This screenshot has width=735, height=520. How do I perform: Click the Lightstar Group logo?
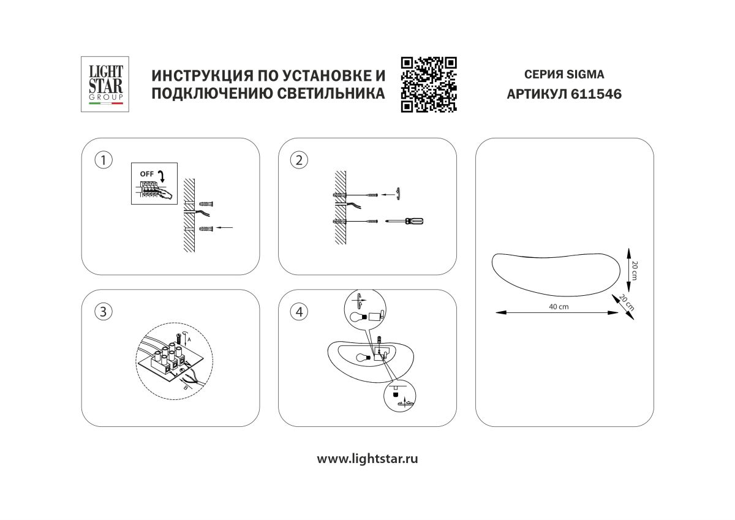(106, 84)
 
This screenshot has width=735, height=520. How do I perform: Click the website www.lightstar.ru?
(367, 459)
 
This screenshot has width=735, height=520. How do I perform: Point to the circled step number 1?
(104, 160)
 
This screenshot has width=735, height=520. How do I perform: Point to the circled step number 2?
(299, 160)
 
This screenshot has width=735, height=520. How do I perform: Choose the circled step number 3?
(104, 312)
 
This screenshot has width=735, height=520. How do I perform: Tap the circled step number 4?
(299, 312)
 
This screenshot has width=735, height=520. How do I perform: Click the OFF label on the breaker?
(147, 174)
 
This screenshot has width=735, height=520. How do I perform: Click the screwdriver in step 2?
(405, 221)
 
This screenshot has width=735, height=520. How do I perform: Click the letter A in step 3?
(189, 338)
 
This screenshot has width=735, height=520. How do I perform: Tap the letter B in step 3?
(186, 386)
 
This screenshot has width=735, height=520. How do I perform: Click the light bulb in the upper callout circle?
(357, 317)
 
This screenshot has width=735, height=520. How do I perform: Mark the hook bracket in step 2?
(397, 194)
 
